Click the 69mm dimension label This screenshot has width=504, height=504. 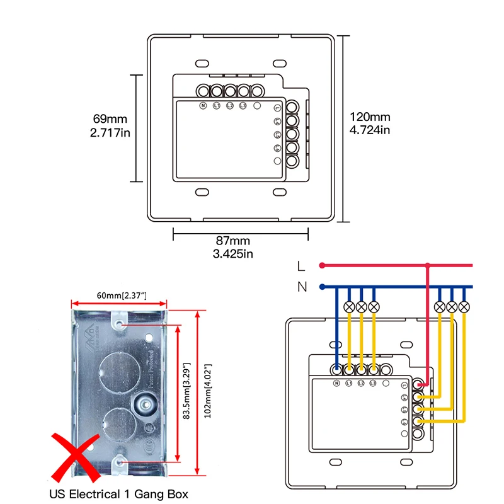[110, 118]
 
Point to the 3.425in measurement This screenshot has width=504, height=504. [234, 253]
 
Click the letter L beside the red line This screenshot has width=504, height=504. [302, 266]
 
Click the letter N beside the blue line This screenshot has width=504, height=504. [302, 287]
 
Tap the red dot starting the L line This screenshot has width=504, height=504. [322, 265]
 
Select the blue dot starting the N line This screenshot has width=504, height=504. [322, 287]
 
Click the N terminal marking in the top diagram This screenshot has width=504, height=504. [203, 106]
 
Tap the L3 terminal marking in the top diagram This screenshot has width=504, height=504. [243, 106]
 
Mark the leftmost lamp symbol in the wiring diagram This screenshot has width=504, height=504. [348, 307]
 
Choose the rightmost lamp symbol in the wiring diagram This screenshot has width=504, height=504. [464, 307]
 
